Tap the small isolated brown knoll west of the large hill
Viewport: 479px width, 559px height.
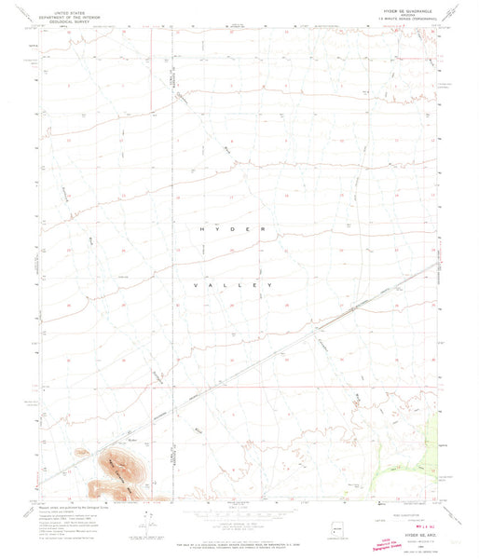coord(97,487)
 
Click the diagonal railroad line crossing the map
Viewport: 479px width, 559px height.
coord(280,349)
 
